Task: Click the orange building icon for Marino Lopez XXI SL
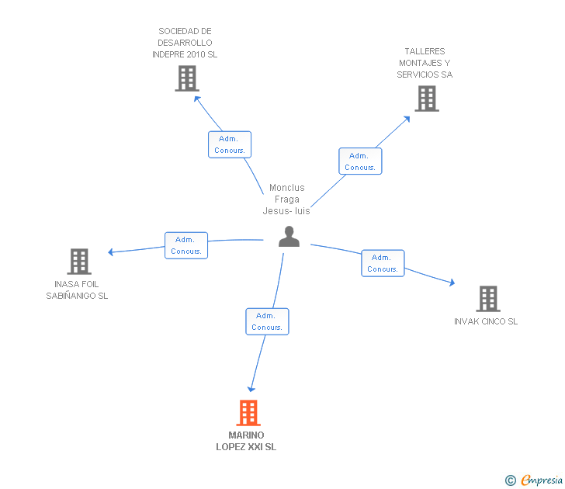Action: [x=248, y=413]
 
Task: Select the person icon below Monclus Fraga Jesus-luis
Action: [x=289, y=237]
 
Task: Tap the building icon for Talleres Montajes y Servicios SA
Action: [x=427, y=99]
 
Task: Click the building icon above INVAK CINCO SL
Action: [x=488, y=299]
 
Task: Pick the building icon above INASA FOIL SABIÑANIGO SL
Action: [x=79, y=262]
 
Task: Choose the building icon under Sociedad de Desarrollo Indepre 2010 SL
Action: [x=187, y=78]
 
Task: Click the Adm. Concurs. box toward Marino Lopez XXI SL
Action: [x=267, y=321]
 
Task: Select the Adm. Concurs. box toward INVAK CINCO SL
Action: [x=383, y=263]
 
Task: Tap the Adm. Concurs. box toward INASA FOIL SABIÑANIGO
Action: [x=186, y=245]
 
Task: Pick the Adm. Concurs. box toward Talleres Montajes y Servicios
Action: [x=360, y=161]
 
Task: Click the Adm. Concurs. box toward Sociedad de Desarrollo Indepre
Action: [x=230, y=144]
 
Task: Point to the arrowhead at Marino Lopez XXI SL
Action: [x=251, y=389]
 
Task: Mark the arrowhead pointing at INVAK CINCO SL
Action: [x=452, y=283]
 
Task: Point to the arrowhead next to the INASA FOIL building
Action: [x=111, y=252]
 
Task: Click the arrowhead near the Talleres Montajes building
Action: [x=407, y=119]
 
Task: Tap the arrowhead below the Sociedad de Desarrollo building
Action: [x=197, y=99]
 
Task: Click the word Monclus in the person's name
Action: [x=287, y=188]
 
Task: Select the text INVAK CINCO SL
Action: [x=486, y=321]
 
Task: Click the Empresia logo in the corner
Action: [x=534, y=480]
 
